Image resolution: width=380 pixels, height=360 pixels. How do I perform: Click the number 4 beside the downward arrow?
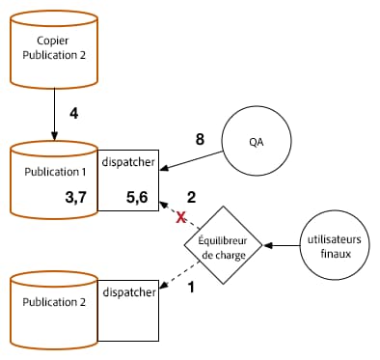(73, 114)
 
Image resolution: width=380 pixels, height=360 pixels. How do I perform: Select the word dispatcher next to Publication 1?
(129, 161)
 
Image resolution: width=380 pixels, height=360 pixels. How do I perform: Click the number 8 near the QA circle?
(200, 140)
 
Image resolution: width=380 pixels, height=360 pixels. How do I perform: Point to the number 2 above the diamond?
(191, 197)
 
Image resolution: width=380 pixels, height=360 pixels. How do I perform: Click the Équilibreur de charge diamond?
(224, 245)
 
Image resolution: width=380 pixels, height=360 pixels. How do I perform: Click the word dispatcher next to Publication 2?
(129, 291)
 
